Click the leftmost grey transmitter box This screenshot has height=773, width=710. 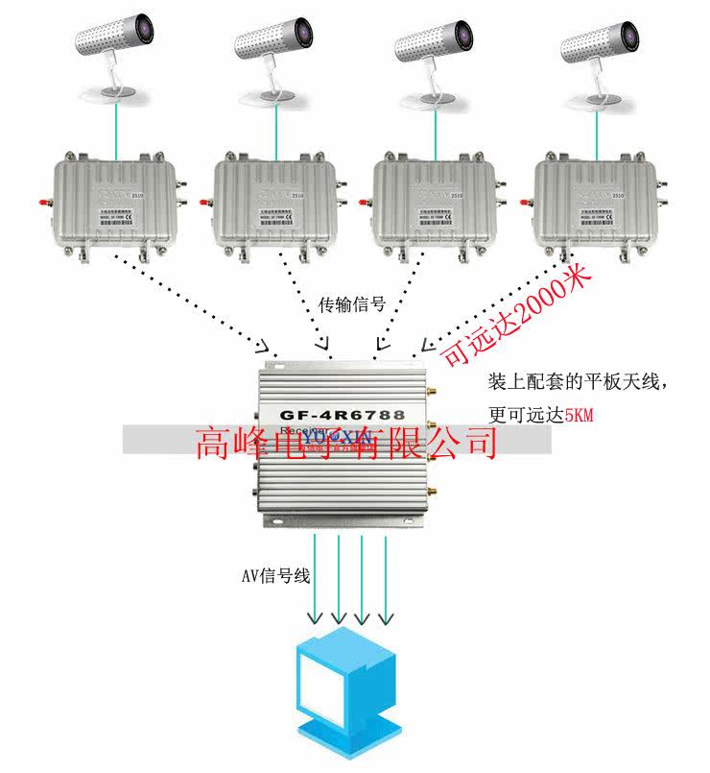point(113,203)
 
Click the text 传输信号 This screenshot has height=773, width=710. point(352,305)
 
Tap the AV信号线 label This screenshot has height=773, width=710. point(275,576)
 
